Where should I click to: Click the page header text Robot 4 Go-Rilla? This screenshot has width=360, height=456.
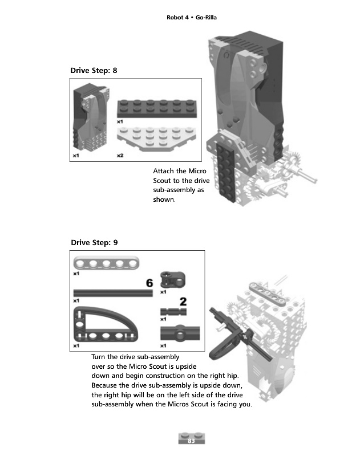(x=191, y=18)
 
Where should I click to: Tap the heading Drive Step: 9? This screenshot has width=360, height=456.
(x=94, y=242)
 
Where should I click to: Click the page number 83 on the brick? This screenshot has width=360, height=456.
(x=192, y=438)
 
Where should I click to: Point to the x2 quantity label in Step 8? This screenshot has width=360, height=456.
(x=120, y=155)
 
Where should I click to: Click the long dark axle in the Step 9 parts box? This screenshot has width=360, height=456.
(x=113, y=292)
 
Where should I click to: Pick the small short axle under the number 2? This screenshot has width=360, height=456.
(x=173, y=311)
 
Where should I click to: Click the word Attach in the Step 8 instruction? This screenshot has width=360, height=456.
(x=163, y=171)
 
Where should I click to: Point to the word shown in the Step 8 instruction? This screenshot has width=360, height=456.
(x=164, y=200)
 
